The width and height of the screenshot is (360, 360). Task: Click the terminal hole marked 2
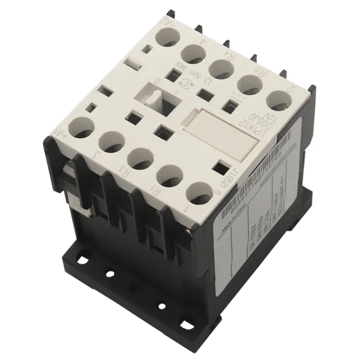pyautogui.click(x=276, y=100)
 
